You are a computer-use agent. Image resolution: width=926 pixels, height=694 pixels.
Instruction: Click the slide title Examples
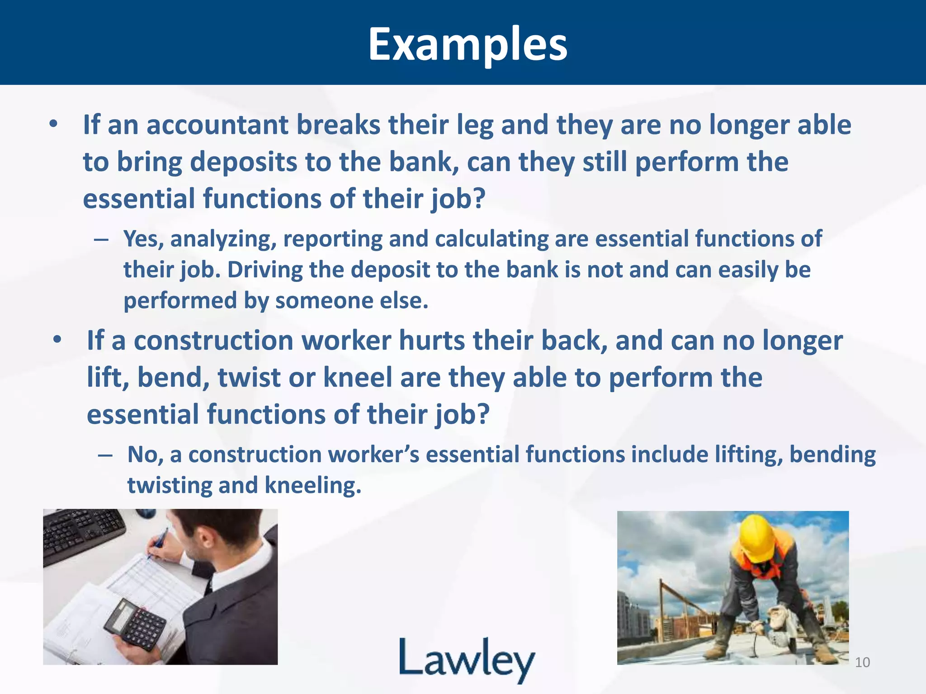[468, 44]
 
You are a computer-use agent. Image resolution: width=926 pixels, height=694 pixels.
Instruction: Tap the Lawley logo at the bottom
[467, 659]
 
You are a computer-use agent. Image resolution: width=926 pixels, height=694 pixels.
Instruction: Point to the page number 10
[862, 662]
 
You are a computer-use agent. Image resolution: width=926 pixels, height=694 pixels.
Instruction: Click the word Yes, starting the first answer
[143, 239]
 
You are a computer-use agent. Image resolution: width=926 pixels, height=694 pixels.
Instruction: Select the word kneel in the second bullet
[358, 377]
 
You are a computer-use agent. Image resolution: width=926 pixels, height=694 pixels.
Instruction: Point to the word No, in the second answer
[145, 455]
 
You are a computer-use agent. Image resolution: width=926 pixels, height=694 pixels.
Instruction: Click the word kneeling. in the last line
[313, 485]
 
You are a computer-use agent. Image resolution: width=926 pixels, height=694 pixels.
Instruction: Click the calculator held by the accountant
[136, 623]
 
